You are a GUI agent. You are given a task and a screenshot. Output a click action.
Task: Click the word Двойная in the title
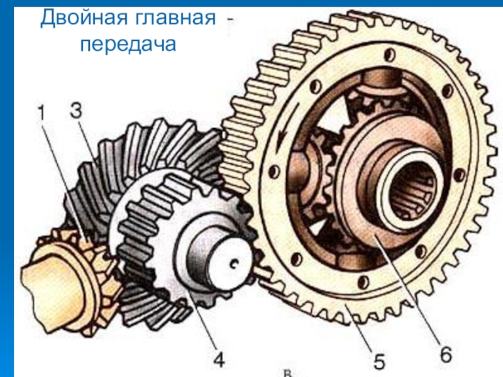point(84,19)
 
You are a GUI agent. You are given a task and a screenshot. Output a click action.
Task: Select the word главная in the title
point(175,19)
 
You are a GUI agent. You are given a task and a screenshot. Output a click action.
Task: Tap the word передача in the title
point(128,45)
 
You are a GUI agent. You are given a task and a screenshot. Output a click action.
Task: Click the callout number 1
point(41,113)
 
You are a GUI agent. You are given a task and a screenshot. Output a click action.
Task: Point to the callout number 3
point(76,111)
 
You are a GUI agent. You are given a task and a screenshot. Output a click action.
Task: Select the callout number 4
point(219,360)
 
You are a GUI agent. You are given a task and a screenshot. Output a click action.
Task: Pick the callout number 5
point(379,362)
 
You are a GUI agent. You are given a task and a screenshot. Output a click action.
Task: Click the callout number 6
point(446,354)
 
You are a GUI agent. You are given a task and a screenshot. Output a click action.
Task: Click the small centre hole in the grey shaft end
point(235,263)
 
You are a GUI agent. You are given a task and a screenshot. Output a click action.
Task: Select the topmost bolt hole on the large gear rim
point(389,55)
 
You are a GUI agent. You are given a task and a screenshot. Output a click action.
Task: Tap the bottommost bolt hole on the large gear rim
point(363,282)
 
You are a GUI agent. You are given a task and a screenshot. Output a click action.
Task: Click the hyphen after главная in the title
point(230,20)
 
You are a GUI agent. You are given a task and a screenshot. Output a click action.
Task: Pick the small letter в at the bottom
point(287,373)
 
